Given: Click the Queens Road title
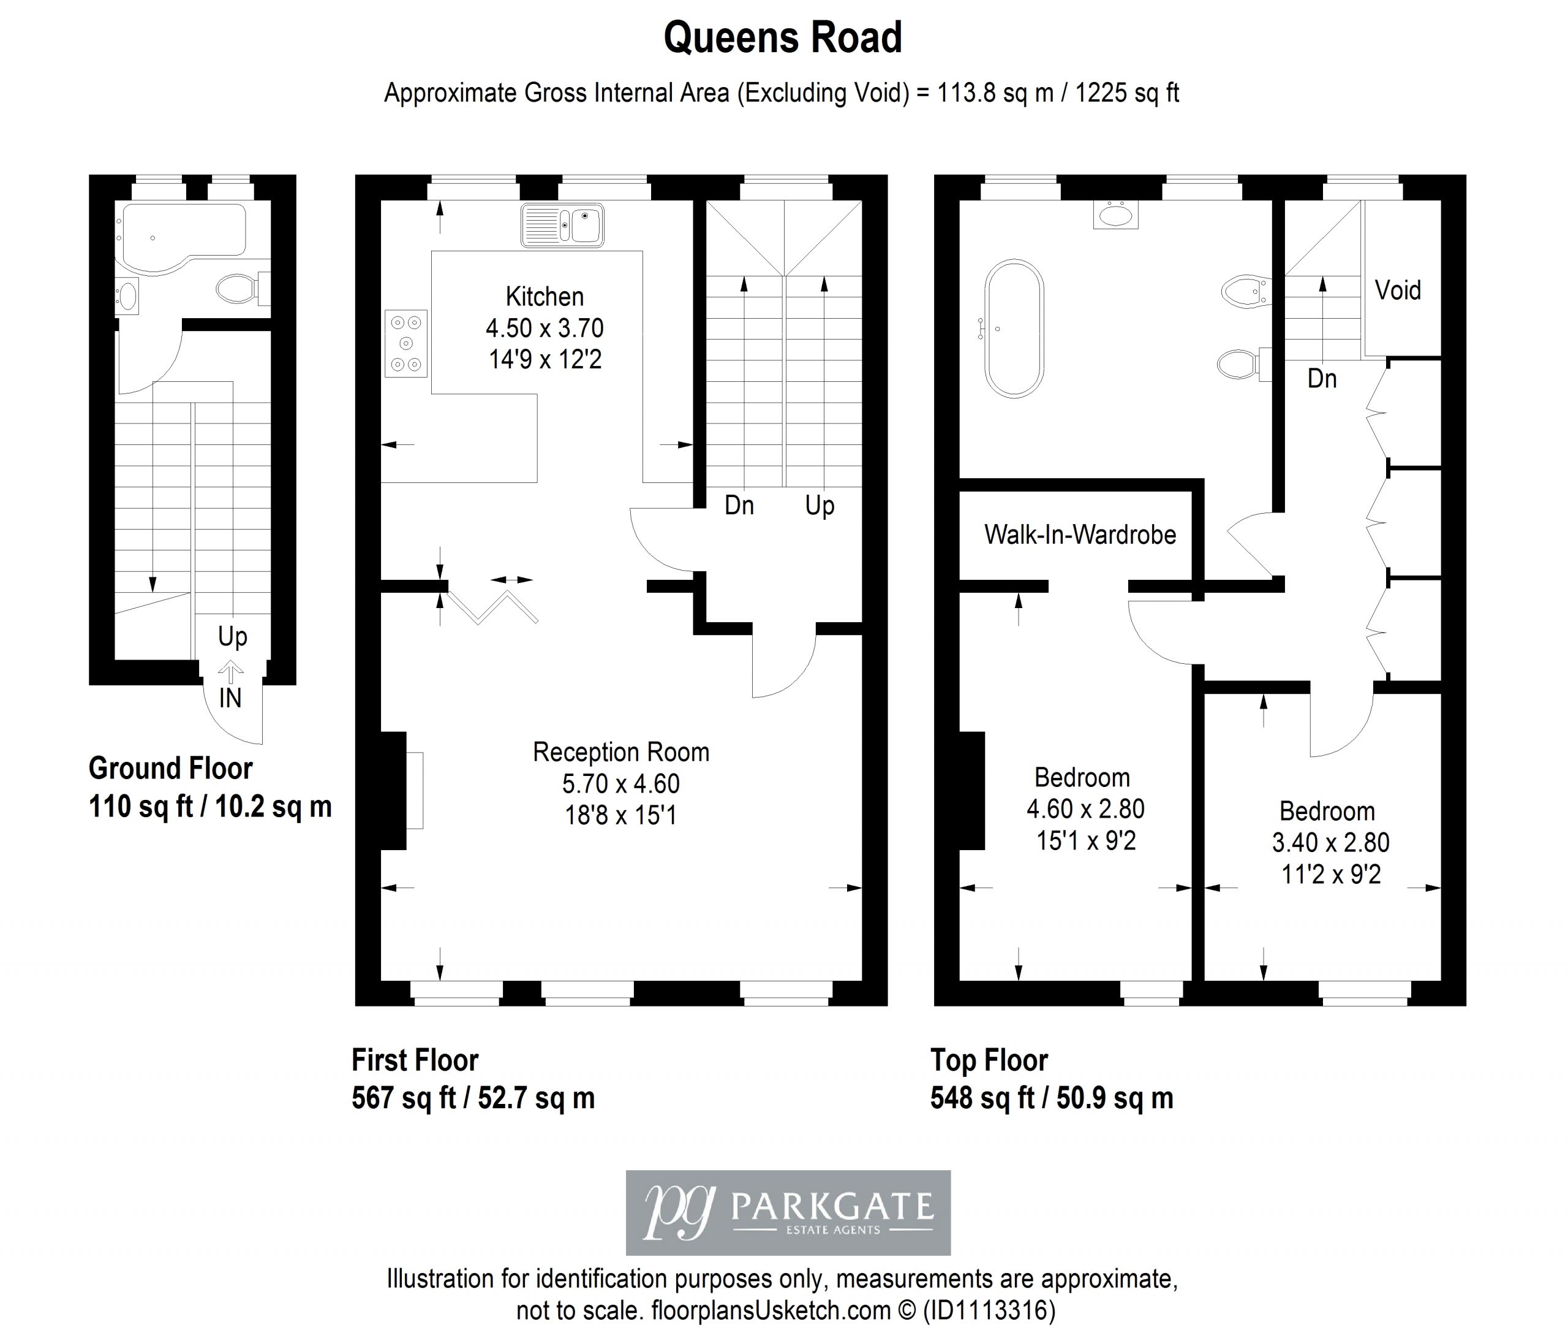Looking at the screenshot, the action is click(x=783, y=38).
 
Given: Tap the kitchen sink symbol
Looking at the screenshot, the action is click(x=562, y=225).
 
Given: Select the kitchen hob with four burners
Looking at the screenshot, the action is click(x=406, y=344).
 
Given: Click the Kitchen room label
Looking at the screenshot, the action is click(x=545, y=296).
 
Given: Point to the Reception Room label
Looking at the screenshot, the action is click(x=621, y=751).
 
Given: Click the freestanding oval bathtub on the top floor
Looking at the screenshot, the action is click(x=1014, y=329).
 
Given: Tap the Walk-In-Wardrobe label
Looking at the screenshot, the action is click(x=1080, y=534).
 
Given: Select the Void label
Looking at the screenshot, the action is click(x=1398, y=290).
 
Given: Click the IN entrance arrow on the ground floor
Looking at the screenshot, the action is click(x=231, y=671).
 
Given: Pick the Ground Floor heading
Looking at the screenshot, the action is click(x=170, y=768).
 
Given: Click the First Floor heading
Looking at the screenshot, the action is click(x=415, y=1060).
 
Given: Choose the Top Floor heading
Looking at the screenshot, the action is click(x=989, y=1060).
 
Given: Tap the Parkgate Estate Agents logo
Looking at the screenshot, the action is click(x=788, y=1212).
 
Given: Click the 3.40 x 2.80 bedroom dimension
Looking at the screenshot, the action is click(x=1330, y=842).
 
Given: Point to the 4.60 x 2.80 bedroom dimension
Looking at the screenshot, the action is click(x=1085, y=809).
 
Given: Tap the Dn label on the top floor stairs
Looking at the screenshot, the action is click(x=1322, y=378).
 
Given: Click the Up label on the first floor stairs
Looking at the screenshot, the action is click(x=820, y=506).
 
